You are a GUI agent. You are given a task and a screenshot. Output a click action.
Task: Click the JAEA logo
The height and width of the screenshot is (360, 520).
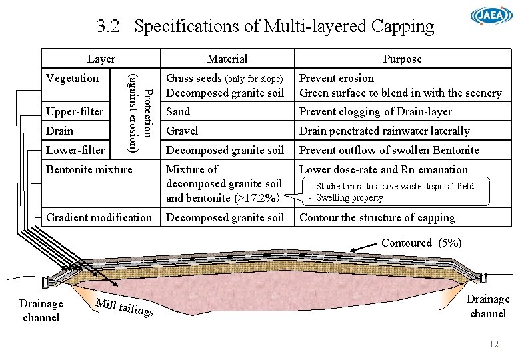pyautogui.click(x=492, y=16)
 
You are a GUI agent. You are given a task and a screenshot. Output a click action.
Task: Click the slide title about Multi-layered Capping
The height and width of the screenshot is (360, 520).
pyautogui.click(x=265, y=27)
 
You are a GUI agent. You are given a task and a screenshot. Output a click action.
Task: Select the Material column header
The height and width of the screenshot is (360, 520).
pyautogui.click(x=227, y=59)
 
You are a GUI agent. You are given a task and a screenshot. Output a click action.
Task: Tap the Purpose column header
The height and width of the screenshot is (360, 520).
pyautogui.click(x=402, y=59)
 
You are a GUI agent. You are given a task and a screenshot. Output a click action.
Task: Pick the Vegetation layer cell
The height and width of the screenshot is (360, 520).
pyautogui.click(x=72, y=78)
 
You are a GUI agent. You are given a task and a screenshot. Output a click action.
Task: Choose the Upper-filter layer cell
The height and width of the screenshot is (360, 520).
pyautogui.click(x=75, y=111)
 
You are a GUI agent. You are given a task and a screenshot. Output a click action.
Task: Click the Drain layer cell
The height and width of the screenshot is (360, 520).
pyautogui.click(x=60, y=131)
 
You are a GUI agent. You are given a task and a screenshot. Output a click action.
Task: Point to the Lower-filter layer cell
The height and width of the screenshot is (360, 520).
pyautogui.click(x=75, y=150)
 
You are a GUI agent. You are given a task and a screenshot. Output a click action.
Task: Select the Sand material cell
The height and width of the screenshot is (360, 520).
pyautogui.click(x=178, y=111)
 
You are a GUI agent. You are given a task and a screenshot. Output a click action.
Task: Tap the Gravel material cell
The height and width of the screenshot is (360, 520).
pyautogui.click(x=182, y=131)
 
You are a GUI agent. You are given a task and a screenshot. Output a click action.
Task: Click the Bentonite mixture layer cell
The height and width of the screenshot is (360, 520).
pyautogui.click(x=89, y=169)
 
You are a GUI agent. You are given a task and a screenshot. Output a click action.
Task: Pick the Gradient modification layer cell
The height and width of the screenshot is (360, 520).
pyautogui.click(x=99, y=217)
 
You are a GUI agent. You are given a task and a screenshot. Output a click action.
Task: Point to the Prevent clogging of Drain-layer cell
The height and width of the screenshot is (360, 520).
pyautogui.click(x=375, y=111)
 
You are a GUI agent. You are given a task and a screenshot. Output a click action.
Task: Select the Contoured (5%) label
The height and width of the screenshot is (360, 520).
pyautogui.click(x=421, y=243)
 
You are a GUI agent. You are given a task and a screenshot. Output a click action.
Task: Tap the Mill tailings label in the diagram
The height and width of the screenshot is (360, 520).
pyautogui.click(x=125, y=307)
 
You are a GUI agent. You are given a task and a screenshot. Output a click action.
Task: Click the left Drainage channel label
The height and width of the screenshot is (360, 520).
pyautogui.click(x=41, y=310)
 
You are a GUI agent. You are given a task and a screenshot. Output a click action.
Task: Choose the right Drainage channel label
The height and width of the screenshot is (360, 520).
pyautogui.click(x=488, y=306)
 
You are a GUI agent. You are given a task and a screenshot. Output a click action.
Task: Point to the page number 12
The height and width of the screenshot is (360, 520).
pyautogui.click(x=494, y=344)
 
